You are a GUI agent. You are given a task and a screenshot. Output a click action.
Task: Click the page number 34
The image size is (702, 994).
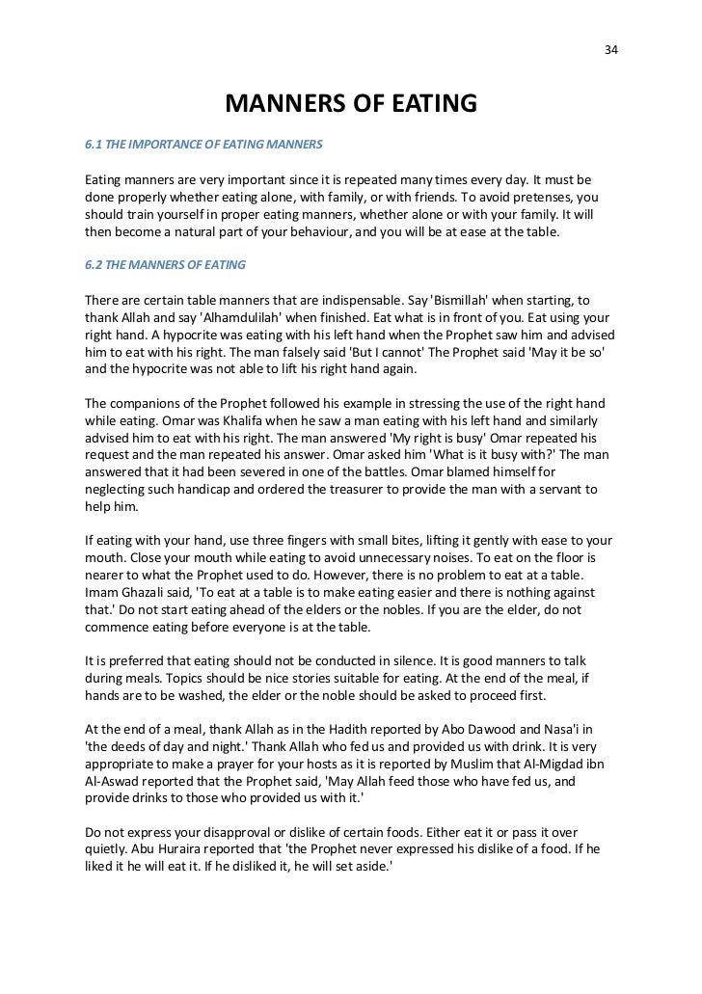[x=609, y=49]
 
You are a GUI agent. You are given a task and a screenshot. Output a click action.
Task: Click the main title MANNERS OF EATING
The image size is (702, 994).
[x=351, y=103]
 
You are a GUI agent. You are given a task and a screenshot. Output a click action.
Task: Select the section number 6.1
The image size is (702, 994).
[x=94, y=146]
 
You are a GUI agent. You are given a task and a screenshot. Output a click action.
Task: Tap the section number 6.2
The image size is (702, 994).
[x=94, y=264]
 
